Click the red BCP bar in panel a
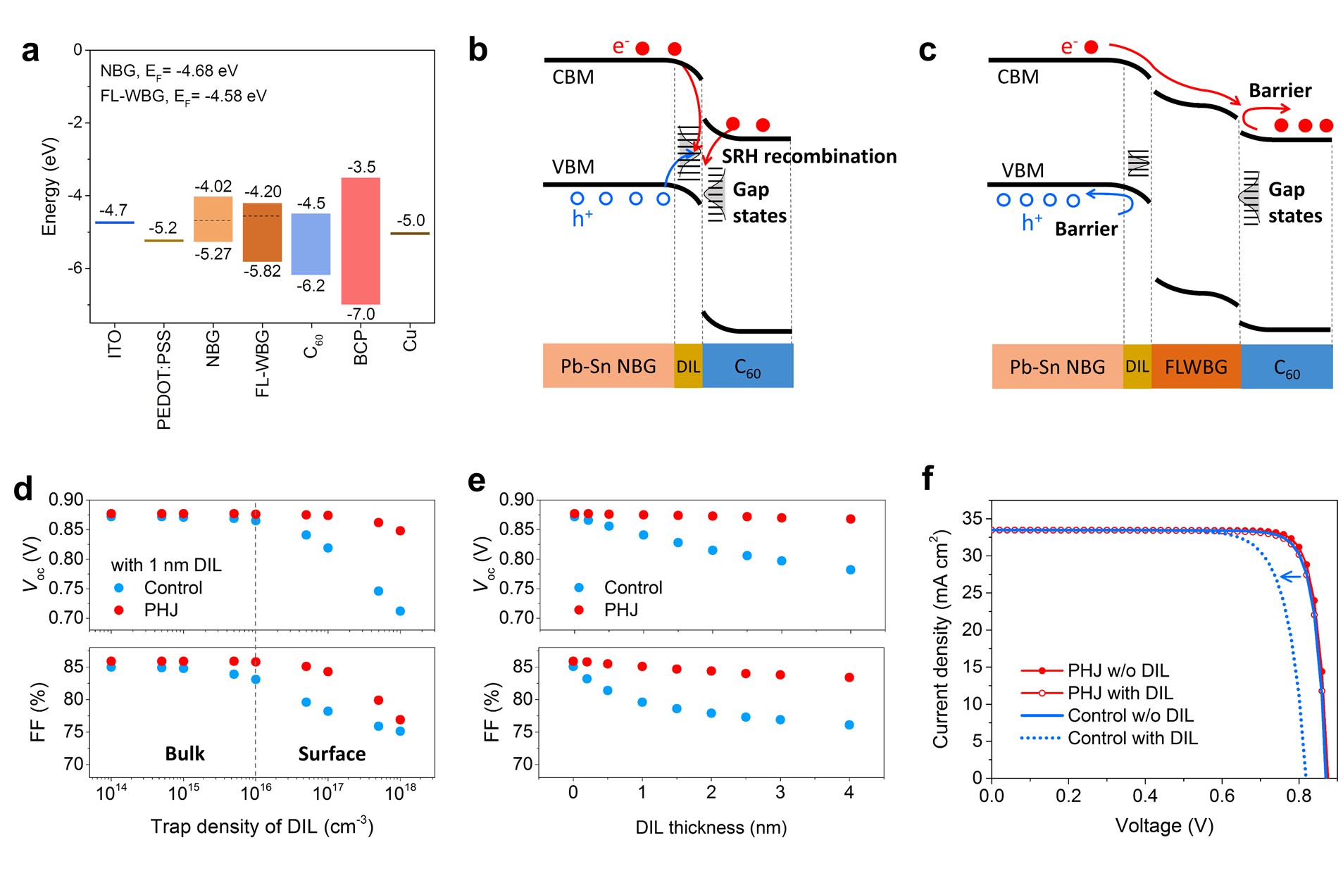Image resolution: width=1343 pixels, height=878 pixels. pos(361,241)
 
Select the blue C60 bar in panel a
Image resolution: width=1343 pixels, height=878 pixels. pos(311,244)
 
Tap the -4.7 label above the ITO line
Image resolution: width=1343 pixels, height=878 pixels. pos(113,210)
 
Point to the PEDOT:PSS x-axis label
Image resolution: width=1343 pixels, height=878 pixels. pos(163,379)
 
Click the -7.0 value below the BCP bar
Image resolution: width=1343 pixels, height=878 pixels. pos(361,314)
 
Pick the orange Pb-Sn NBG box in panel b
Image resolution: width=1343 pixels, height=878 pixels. pos(608,365)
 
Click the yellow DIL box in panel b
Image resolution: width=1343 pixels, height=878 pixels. pos(688,365)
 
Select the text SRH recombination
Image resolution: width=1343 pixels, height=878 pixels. pos(809,156)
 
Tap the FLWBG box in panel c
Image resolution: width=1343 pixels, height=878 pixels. pos(1196,366)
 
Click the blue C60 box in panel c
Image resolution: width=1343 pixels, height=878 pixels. pos(1287,366)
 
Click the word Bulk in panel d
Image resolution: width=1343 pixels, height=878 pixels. pos(185,753)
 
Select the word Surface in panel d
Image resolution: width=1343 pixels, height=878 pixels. pos(332,753)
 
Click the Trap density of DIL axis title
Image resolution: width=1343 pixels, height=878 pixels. pos(262,825)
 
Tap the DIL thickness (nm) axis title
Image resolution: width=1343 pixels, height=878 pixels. pos(711,827)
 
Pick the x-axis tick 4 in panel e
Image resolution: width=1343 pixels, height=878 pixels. pos(849,793)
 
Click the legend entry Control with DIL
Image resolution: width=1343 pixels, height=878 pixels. pos(1108,738)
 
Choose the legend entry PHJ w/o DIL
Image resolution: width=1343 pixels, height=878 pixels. pos(1094,670)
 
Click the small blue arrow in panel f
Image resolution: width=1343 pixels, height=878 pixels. pos(1290,577)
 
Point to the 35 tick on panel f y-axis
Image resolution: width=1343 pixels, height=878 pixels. pos(973,519)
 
